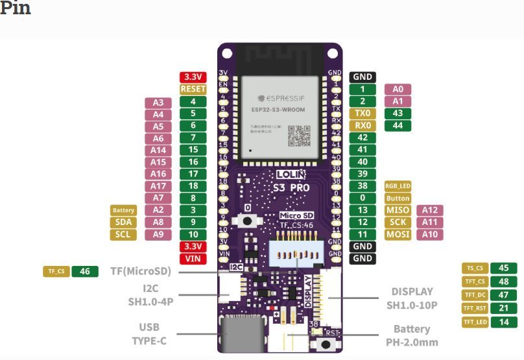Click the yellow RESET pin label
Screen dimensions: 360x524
click(x=193, y=90)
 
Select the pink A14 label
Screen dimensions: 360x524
click(x=158, y=150)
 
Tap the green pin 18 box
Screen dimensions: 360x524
click(x=193, y=186)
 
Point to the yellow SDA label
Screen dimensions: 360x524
click(x=123, y=222)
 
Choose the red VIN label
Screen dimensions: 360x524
click(x=193, y=259)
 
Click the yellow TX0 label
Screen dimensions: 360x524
click(x=363, y=114)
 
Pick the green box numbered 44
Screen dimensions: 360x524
click(x=398, y=125)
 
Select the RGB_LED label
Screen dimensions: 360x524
click(x=398, y=186)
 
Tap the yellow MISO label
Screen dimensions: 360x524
click(x=398, y=210)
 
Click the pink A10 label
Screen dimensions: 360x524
click(x=429, y=234)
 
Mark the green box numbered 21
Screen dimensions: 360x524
click(x=503, y=308)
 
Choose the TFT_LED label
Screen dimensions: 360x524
click(x=475, y=322)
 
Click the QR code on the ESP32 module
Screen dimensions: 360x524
click(x=299, y=135)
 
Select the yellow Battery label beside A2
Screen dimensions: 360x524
click(x=123, y=210)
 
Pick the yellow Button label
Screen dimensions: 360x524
click(x=398, y=198)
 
